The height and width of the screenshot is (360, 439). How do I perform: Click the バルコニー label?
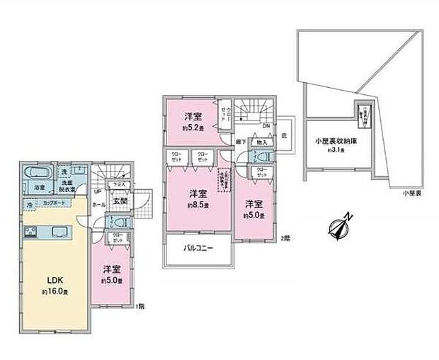click(x=198, y=249)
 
